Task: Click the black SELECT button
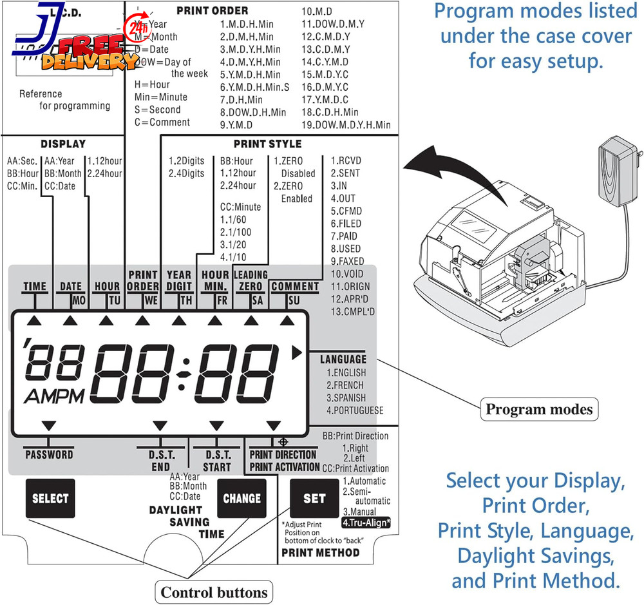50,498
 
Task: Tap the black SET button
314,498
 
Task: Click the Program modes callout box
539,409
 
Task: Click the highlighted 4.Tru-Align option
366,523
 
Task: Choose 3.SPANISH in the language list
346,398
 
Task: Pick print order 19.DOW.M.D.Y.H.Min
346,124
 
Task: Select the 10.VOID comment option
346,274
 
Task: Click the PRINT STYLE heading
267,144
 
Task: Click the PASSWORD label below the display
49,454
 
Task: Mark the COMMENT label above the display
295,286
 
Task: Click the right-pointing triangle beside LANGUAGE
297,352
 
